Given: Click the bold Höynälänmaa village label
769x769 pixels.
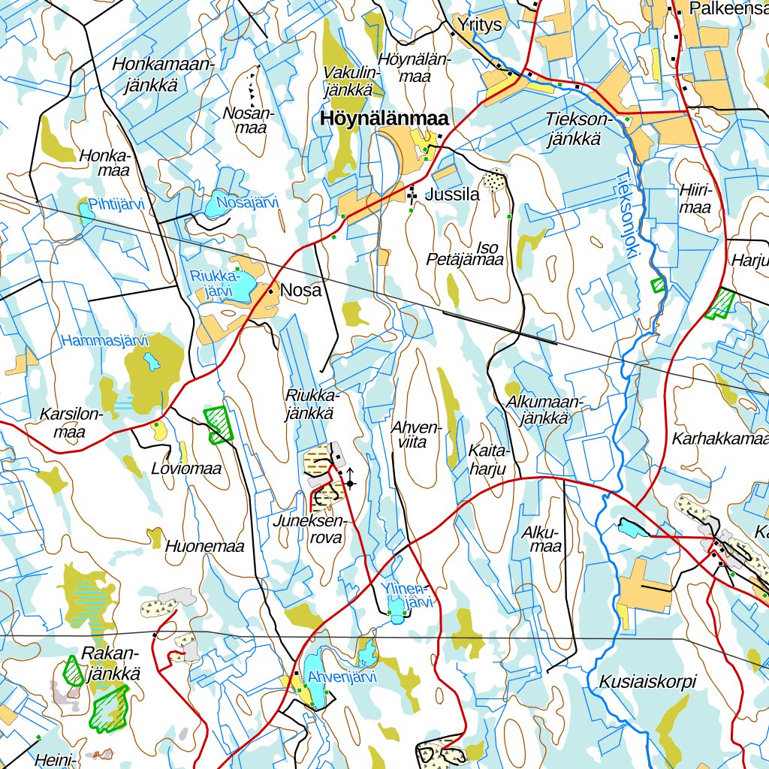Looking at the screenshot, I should [384, 119].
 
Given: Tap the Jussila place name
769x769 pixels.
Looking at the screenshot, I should [451, 195].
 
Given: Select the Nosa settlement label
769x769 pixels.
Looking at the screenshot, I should [300, 291].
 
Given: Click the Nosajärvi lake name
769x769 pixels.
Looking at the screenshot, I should [247, 202].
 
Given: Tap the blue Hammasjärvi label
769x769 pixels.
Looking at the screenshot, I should [105, 340].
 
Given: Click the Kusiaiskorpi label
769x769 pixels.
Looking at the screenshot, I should [647, 682].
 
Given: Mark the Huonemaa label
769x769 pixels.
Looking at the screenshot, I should [205, 547].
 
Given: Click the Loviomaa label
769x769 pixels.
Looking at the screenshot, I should [186, 469].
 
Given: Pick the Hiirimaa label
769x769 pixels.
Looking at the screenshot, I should [694, 198].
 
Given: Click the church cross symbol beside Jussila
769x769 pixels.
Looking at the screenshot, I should [412, 195].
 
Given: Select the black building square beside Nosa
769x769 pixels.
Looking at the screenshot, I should [270, 290].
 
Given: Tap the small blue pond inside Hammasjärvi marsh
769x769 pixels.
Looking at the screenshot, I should [152, 363].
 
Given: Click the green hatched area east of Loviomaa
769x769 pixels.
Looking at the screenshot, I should [219, 424].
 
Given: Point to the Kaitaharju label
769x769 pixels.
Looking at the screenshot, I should [487, 460].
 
